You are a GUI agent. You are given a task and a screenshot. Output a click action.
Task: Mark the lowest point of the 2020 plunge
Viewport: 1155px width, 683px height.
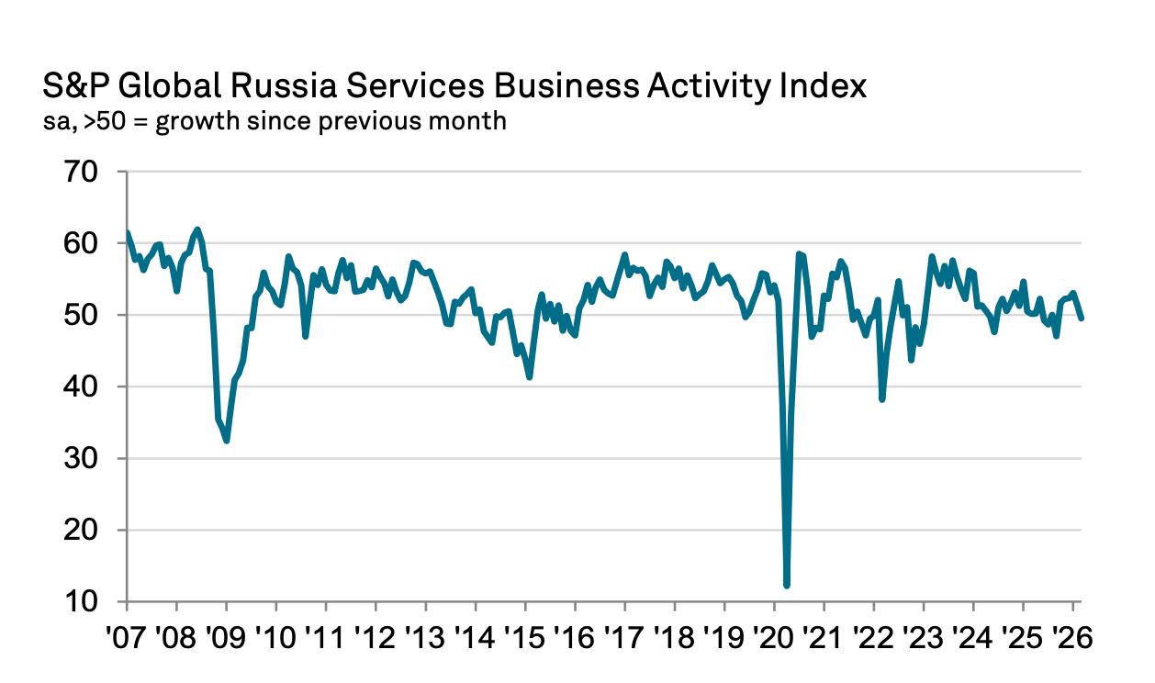coord(787,585)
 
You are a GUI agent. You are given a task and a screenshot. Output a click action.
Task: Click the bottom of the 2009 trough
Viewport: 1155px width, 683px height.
coord(226,441)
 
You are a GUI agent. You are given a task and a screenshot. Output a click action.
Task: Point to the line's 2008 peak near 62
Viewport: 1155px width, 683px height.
coord(197,230)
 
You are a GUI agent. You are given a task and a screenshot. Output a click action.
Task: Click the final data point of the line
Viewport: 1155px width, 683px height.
coord(1081,318)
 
